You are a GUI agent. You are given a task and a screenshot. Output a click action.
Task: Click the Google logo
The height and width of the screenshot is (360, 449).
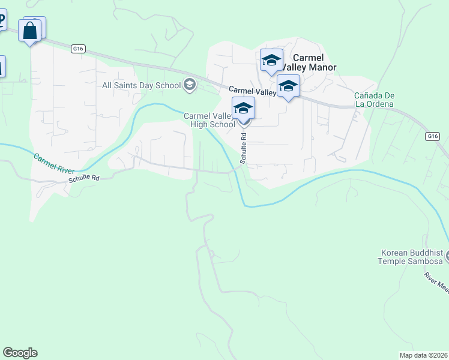click(x=20, y=353)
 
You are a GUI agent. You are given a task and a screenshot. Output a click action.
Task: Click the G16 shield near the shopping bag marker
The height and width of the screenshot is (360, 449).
click(x=77, y=49)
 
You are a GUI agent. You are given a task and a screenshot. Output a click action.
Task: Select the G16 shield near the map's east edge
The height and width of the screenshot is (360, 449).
click(x=432, y=137)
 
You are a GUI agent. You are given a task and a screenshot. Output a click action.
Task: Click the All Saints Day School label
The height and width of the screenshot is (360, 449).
click(x=141, y=85)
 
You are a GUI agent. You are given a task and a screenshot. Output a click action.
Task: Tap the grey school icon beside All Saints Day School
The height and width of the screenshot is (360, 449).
click(x=190, y=84)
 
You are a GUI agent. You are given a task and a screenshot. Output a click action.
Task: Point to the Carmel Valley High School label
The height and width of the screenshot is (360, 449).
click(x=209, y=120)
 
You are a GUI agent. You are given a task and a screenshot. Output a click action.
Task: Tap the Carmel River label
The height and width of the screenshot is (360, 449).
click(x=54, y=164)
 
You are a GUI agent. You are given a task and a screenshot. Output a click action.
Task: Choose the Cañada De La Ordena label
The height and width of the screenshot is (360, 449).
click(x=373, y=100)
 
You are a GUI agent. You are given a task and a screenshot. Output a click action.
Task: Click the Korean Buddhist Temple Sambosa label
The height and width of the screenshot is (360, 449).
click(x=411, y=257)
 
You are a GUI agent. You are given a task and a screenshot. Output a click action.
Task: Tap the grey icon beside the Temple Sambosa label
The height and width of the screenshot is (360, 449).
click(x=446, y=256)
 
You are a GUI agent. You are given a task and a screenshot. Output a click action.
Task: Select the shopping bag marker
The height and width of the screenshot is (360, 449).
click(x=30, y=31)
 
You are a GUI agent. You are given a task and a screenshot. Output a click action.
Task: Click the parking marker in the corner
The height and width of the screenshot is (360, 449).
click(x=2, y=22)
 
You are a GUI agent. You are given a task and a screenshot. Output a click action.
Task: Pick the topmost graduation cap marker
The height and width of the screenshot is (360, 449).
click(x=271, y=60)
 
